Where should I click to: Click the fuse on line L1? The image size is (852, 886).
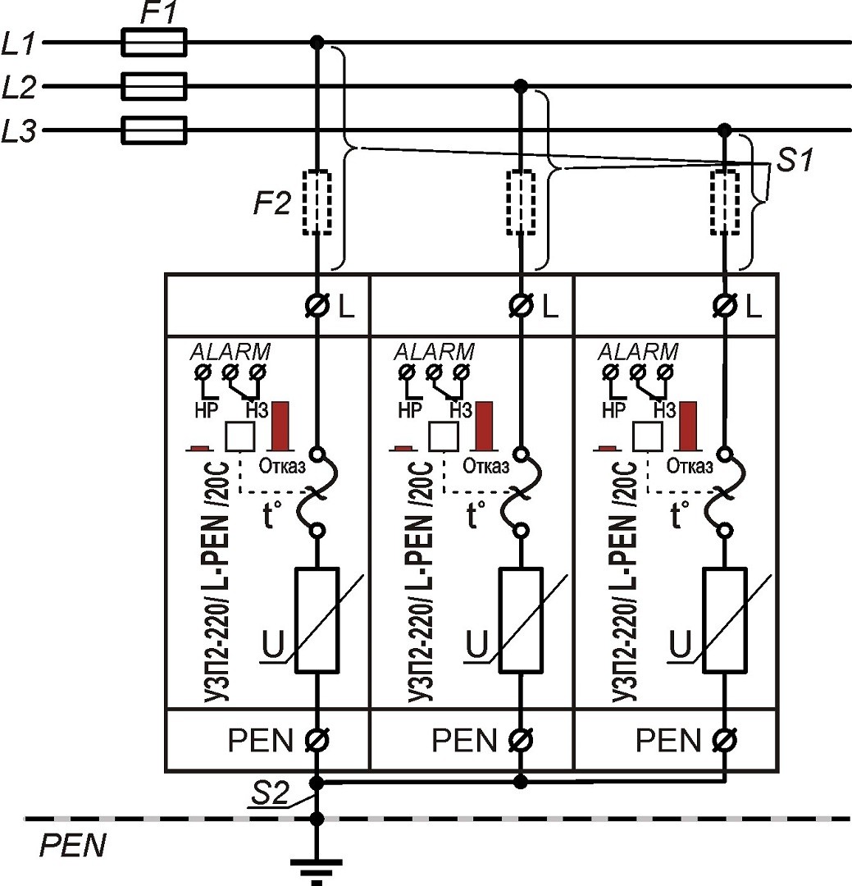154,42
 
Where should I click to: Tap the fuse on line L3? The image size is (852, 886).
154,130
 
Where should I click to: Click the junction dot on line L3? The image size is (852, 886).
724,130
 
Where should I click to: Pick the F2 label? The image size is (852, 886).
271,203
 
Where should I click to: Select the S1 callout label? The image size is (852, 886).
795,160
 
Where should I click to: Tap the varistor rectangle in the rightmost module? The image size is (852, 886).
724,620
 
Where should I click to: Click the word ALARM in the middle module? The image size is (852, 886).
435,351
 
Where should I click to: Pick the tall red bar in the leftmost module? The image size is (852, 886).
283,426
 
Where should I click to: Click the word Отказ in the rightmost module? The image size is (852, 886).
690,467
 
